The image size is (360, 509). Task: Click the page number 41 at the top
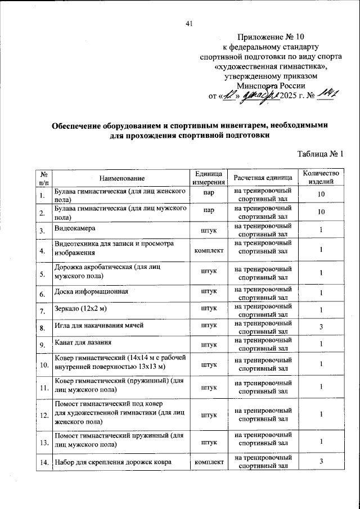point(188,24)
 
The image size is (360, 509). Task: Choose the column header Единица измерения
point(209,178)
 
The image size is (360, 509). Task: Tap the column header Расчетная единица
point(263,178)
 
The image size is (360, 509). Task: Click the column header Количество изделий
point(321,178)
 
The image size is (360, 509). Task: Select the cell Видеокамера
point(75,229)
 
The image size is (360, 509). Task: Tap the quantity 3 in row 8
point(321,327)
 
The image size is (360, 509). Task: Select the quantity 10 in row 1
point(321,195)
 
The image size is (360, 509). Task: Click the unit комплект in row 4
point(209,250)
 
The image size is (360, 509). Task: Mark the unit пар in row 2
point(209,212)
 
